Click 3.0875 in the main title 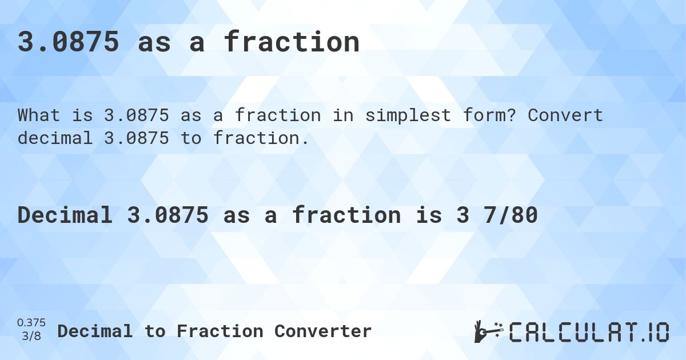click(69, 42)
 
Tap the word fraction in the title click(292, 42)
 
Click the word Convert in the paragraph click(565, 115)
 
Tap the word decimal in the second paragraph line click(55, 138)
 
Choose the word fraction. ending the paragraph click(261, 138)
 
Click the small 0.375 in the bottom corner click(32, 323)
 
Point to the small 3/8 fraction click(32, 336)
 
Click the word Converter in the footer click(323, 331)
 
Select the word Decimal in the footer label click(95, 331)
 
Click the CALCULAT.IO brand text click(589, 331)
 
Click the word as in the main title click(154, 42)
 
